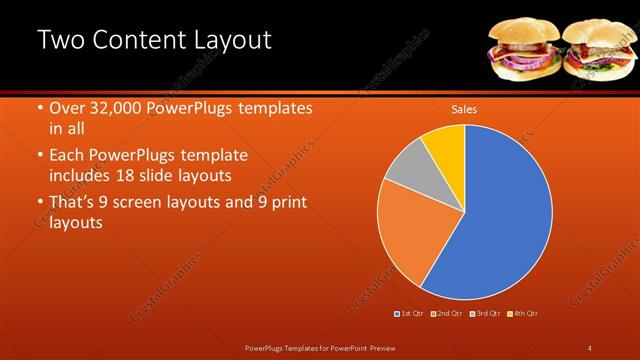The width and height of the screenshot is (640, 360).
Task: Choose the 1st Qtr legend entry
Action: point(410,314)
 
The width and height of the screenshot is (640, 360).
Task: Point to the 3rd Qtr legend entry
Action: point(485,314)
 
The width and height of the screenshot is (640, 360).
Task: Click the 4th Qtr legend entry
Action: point(523,314)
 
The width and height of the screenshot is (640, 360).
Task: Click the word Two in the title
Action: point(61,41)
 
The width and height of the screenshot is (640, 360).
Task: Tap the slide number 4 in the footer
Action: point(590,347)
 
